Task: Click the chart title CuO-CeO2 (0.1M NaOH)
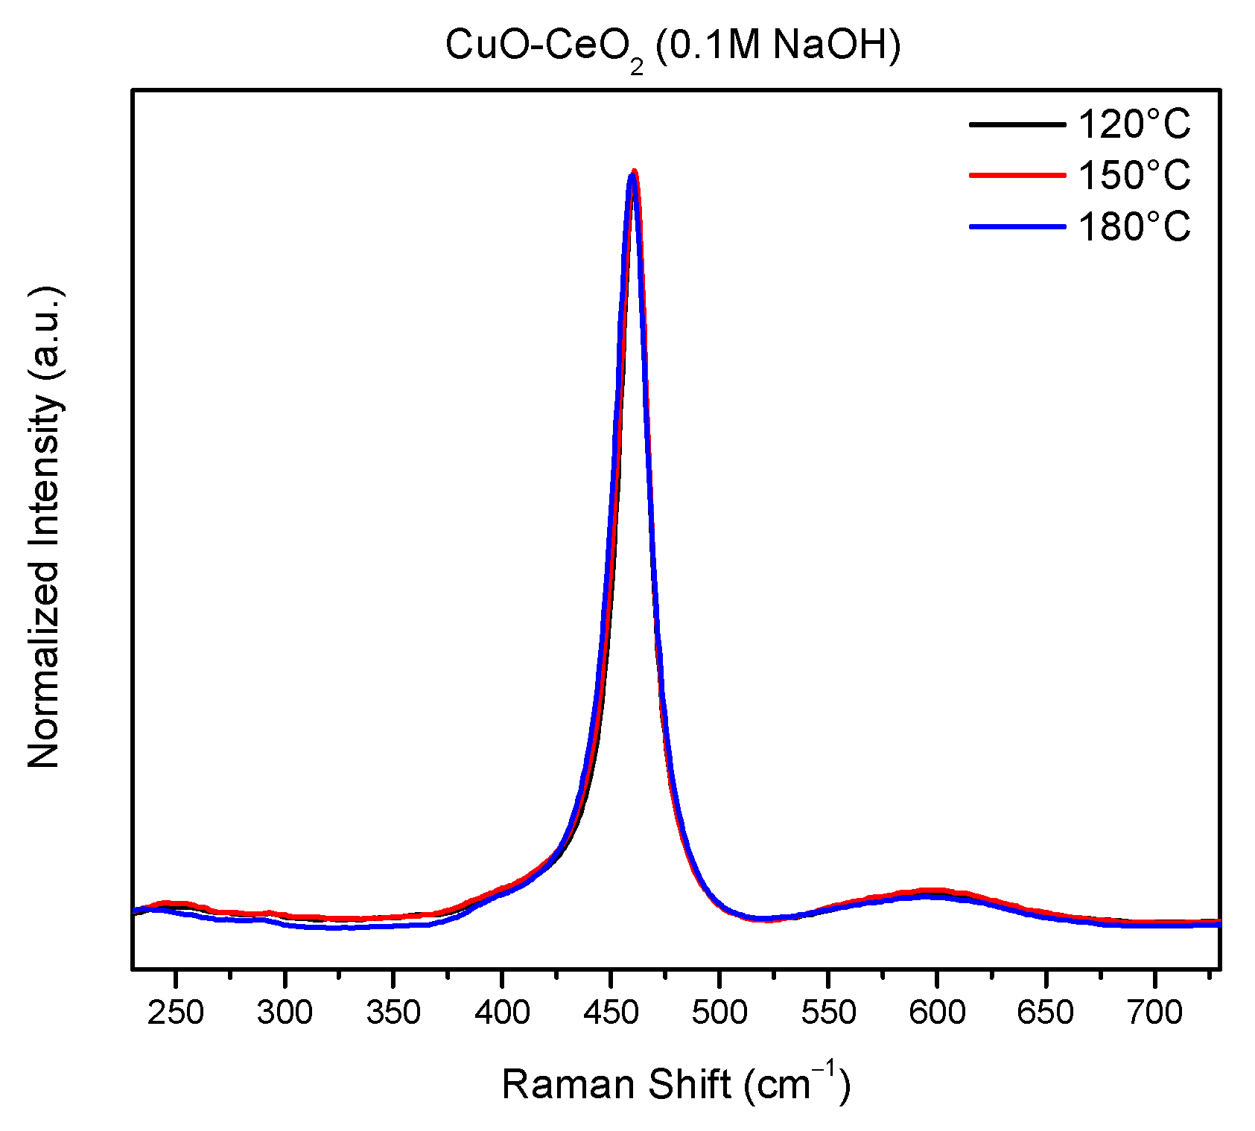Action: pyautogui.click(x=673, y=47)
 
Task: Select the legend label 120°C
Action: pyautogui.click(x=1134, y=124)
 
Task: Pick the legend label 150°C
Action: pyautogui.click(x=1134, y=175)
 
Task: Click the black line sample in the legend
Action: pyautogui.click(x=1017, y=124)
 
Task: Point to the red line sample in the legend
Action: pyautogui.click(x=1017, y=175)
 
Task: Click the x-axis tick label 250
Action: pyautogui.click(x=176, y=1013)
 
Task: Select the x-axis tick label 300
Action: pyautogui.click(x=285, y=1013)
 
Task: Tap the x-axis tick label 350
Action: pyautogui.click(x=393, y=1013)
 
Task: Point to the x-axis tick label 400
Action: pyautogui.click(x=502, y=1013)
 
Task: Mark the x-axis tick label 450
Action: pyautogui.click(x=611, y=1013)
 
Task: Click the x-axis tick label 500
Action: pyautogui.click(x=719, y=1013)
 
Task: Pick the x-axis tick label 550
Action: pyautogui.click(x=828, y=1013)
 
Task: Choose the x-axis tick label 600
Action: pyautogui.click(x=937, y=1013)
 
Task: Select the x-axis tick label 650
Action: pyautogui.click(x=1046, y=1013)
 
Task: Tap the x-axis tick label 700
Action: pyautogui.click(x=1154, y=1013)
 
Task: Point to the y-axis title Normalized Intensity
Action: pyautogui.click(x=45, y=529)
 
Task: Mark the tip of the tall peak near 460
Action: pyautogui.click(x=633, y=173)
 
